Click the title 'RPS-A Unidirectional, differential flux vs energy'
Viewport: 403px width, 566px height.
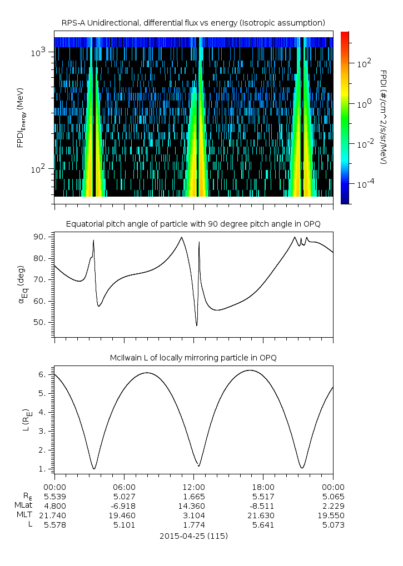point(193,22)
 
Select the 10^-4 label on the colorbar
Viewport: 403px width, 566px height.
point(364,183)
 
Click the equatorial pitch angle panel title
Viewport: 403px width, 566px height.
point(193,223)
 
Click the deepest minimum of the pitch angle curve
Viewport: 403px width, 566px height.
point(197,325)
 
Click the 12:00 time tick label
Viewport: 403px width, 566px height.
point(193,487)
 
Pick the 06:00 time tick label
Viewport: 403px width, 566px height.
point(124,487)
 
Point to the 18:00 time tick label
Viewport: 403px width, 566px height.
point(263,487)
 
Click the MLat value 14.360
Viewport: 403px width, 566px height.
point(193,506)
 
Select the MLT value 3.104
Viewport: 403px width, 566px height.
point(193,515)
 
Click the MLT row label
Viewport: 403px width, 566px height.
point(23,515)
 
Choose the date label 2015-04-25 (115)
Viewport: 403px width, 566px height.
point(193,536)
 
